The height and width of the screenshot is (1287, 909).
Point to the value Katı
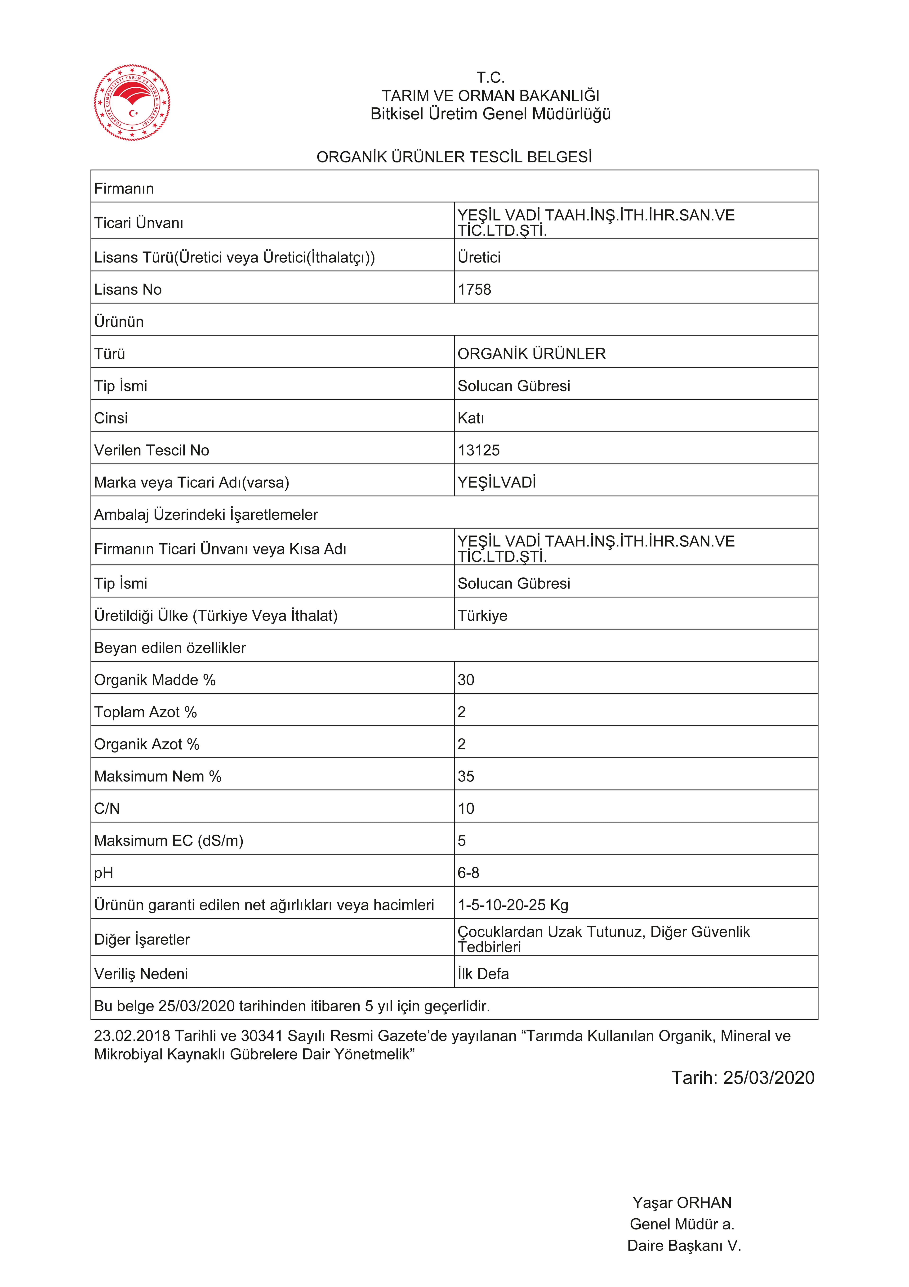pyautogui.click(x=471, y=418)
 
